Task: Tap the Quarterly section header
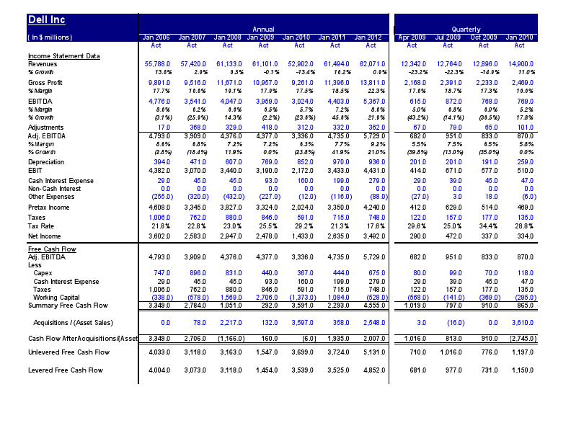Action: [466, 29]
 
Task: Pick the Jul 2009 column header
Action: [448, 37]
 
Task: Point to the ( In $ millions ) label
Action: [50, 37]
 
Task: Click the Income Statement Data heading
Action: [63, 55]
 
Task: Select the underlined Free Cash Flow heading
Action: [52, 249]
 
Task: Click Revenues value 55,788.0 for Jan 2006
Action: [158, 64]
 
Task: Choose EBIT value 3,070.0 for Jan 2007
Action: [193, 170]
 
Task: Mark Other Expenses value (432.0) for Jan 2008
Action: [228, 196]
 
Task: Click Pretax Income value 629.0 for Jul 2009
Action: [451, 207]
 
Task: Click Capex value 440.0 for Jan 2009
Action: [266, 273]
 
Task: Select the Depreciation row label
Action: [45, 162]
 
